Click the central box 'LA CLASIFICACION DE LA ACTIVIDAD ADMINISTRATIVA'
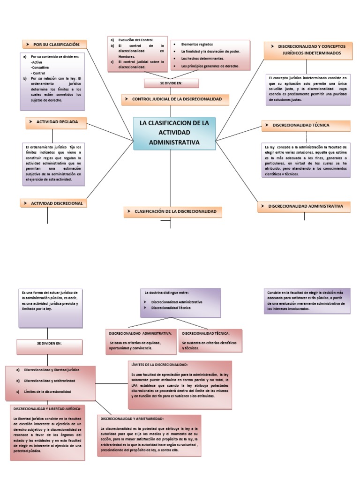point(174,133)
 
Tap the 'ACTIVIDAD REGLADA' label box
point(56,122)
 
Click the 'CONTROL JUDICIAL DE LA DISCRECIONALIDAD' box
point(175,99)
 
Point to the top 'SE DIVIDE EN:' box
point(171,83)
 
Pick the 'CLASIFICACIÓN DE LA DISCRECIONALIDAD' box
point(172,212)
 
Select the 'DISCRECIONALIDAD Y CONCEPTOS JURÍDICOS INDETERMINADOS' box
point(308,50)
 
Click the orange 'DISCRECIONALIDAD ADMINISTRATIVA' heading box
point(304,206)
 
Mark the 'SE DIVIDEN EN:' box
point(49,344)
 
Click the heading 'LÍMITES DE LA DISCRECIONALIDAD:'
point(160,364)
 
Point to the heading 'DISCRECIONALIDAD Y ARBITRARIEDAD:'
point(132,418)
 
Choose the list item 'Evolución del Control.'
point(136,40)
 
